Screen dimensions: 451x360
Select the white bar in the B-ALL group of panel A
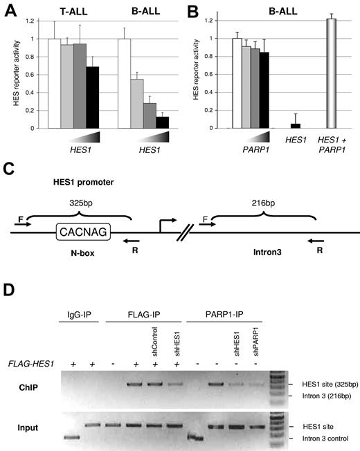pyautogui.click(x=126, y=83)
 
